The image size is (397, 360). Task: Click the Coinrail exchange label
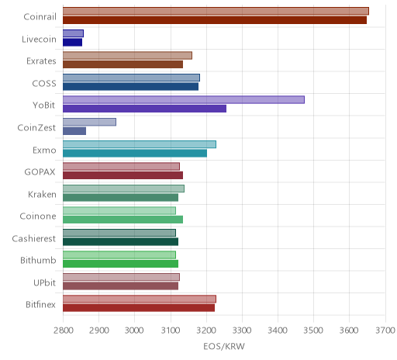[40, 17]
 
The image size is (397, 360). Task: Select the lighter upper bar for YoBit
[184, 100]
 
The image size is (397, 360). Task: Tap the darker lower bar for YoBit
[144, 109]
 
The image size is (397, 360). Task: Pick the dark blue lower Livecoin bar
[72, 43]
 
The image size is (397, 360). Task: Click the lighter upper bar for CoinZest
[89, 122]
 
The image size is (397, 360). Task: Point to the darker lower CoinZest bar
[74, 131]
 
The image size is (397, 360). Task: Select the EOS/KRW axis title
[224, 346]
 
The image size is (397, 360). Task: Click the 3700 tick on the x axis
[385, 331]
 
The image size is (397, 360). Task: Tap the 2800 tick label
[63, 331]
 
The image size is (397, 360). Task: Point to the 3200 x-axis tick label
[206, 331]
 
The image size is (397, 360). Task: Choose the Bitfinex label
[40, 305]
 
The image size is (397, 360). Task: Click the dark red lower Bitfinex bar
[139, 308]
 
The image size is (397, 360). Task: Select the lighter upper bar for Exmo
[140, 144]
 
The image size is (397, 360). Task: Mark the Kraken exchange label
[42, 194]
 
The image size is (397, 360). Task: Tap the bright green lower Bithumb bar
[120, 264]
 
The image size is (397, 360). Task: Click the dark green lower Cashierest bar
[120, 242]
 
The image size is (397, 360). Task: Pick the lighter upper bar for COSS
[131, 78]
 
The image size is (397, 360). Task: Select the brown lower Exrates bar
[123, 64]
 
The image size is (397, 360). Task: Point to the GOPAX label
[40, 172]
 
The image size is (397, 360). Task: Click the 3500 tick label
[313, 331]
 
